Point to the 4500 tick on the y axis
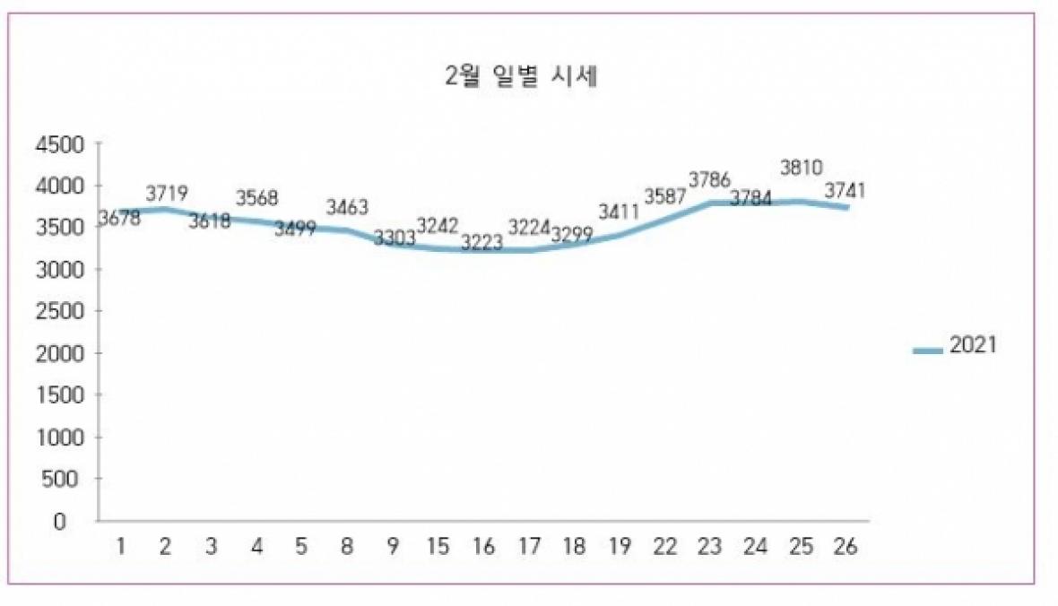click(60, 144)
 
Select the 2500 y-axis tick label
click(60, 311)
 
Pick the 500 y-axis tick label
click(65, 479)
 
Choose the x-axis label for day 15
click(439, 547)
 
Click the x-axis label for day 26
click(846, 547)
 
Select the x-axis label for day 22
click(665, 547)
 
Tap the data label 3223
click(482, 242)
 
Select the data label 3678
click(119, 218)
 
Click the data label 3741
click(846, 190)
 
